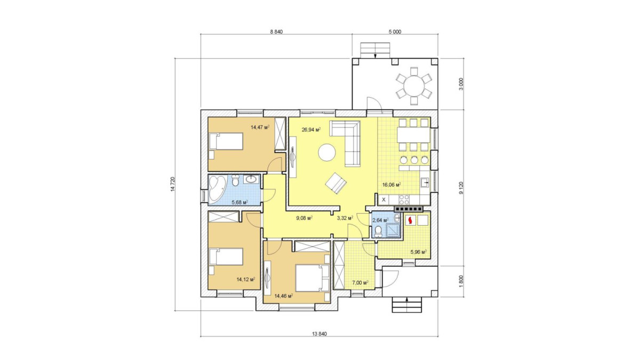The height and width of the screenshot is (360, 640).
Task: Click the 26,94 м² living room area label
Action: point(311,130)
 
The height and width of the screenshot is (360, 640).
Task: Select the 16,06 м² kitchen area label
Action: point(391,185)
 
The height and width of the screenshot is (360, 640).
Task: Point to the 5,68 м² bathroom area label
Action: point(239,202)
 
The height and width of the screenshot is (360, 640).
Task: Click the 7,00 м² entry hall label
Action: point(361,283)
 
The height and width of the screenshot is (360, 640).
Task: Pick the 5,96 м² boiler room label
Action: point(419,252)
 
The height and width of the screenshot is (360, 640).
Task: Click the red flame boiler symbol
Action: point(411,220)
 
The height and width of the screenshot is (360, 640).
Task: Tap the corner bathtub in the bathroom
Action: point(218,189)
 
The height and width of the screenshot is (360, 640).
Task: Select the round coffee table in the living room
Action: point(327,153)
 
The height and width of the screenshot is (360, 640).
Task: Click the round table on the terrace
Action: point(414,85)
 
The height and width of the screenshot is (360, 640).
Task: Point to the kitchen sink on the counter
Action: point(425,182)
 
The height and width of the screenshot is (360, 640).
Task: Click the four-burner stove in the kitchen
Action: point(404,199)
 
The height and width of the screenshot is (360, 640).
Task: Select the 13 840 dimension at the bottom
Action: point(319,334)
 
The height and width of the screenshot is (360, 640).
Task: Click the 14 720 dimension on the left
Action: point(173,184)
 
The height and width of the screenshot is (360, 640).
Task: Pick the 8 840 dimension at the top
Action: point(276,31)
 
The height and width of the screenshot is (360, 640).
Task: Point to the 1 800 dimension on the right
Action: point(461,281)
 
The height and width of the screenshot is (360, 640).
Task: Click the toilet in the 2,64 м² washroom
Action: point(378,231)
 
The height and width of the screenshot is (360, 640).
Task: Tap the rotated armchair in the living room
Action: point(335,183)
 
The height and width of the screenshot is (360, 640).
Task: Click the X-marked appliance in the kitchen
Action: point(383,199)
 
